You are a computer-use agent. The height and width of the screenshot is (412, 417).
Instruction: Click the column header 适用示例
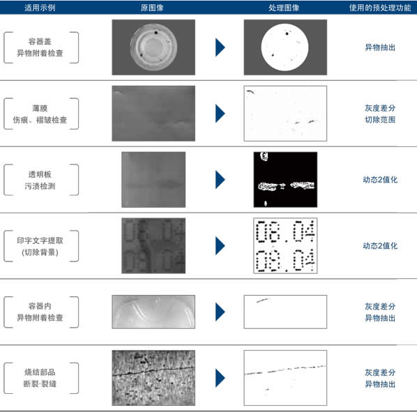(x=40, y=8)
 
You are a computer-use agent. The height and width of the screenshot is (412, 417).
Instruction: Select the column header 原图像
(x=152, y=8)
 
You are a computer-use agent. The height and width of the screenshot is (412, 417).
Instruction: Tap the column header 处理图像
(x=284, y=8)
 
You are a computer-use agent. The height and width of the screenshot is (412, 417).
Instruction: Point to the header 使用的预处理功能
(x=380, y=8)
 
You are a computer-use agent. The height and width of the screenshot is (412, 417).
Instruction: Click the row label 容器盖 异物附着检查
(x=40, y=47)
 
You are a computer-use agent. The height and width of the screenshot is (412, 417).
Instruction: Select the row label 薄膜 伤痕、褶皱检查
(x=40, y=114)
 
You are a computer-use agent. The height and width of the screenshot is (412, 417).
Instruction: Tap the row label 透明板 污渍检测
(x=40, y=181)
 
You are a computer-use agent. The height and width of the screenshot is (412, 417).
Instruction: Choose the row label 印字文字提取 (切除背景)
(x=40, y=246)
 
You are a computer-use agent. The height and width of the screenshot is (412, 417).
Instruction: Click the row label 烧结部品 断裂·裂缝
(x=40, y=378)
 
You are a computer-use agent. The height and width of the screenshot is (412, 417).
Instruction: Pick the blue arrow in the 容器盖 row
(x=220, y=47)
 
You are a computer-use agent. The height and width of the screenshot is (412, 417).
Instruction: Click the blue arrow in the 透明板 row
(x=220, y=180)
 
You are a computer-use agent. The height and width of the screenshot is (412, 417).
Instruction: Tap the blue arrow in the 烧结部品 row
(x=220, y=378)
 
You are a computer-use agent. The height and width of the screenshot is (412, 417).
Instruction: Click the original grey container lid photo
(x=153, y=47)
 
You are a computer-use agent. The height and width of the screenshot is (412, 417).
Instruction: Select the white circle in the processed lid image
(x=285, y=47)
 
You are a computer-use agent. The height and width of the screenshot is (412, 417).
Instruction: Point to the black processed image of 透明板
(x=285, y=180)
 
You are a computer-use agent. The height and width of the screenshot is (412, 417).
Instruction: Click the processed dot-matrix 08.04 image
(x=285, y=245)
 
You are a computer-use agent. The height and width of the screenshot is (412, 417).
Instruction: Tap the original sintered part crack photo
(x=153, y=378)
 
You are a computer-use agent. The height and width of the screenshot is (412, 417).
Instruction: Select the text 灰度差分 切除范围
(x=380, y=114)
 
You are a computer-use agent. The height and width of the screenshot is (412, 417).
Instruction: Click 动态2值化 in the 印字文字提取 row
(x=380, y=246)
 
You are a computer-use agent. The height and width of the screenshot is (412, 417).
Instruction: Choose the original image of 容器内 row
(x=153, y=312)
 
